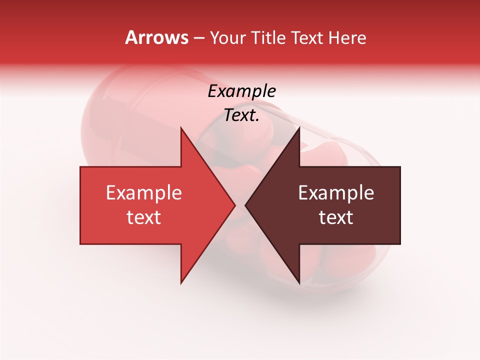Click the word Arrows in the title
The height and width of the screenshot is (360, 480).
pyautogui.click(x=157, y=37)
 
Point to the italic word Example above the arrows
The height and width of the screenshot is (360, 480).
pyautogui.click(x=241, y=91)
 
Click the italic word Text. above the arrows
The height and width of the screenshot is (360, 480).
pyautogui.click(x=241, y=115)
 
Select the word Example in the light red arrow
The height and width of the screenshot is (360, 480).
pyautogui.click(x=144, y=193)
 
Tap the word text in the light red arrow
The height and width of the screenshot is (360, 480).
pyautogui.click(x=144, y=217)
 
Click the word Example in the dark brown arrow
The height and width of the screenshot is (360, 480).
pyautogui.click(x=336, y=193)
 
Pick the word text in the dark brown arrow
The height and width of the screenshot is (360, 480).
pyautogui.click(x=336, y=217)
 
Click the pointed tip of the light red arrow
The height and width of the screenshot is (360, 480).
pyautogui.click(x=234, y=205)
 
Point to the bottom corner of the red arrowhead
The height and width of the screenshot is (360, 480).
pyautogui.click(x=181, y=283)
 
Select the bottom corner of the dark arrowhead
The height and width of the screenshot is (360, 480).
pyautogui.click(x=299, y=283)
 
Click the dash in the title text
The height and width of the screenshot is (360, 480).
pyautogui.click(x=198, y=38)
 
